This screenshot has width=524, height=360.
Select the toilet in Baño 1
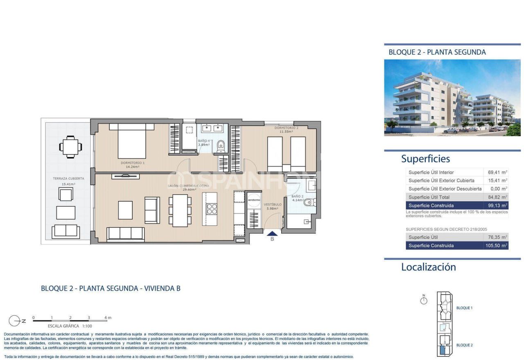pos(221,144)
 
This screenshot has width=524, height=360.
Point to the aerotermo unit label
pos(254,200)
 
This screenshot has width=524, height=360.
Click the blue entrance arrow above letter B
pos(272,233)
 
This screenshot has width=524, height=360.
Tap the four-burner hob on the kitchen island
pos(212,209)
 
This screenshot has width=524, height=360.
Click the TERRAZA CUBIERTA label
pos(68,178)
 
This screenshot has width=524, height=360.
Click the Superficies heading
pos(425,159)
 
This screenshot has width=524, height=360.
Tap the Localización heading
pos(428,267)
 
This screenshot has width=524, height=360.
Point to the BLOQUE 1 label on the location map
pos(464,308)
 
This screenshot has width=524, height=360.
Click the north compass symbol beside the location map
pos(424,301)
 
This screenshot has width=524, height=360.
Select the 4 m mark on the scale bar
pos(106,318)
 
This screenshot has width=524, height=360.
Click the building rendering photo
pos(452,97)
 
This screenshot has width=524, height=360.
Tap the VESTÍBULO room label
pos(272,205)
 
